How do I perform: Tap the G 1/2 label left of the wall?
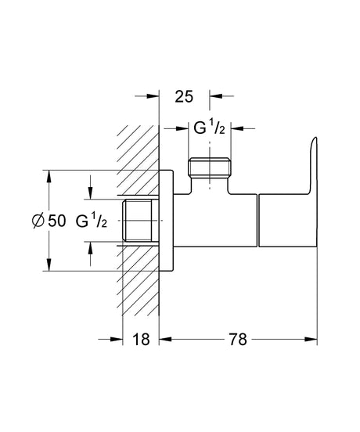pos(92,221)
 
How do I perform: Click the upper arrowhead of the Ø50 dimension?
pos(50,174)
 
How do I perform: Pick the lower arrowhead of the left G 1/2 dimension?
pos(91,247)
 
